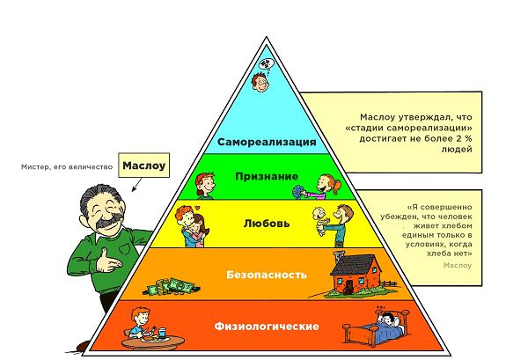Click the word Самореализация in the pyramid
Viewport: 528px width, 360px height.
267,142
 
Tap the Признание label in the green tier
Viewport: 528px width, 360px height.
267,176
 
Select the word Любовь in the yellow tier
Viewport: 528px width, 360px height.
267,224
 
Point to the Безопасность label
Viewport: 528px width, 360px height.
267,275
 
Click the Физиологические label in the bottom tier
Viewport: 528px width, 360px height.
267,326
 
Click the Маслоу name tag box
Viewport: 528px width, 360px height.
143,165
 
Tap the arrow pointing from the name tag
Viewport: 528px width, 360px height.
136,185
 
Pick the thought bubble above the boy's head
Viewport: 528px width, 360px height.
266,63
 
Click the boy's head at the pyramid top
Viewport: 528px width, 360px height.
260,82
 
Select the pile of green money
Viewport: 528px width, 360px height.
172,287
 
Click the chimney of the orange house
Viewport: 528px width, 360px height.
337,258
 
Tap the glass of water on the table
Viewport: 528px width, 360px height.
162,333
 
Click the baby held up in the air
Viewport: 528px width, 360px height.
320,221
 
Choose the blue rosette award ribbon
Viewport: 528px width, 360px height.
297,193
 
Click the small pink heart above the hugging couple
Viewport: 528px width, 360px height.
198,207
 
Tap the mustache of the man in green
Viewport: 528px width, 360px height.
107,220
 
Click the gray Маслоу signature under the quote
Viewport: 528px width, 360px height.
458,265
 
